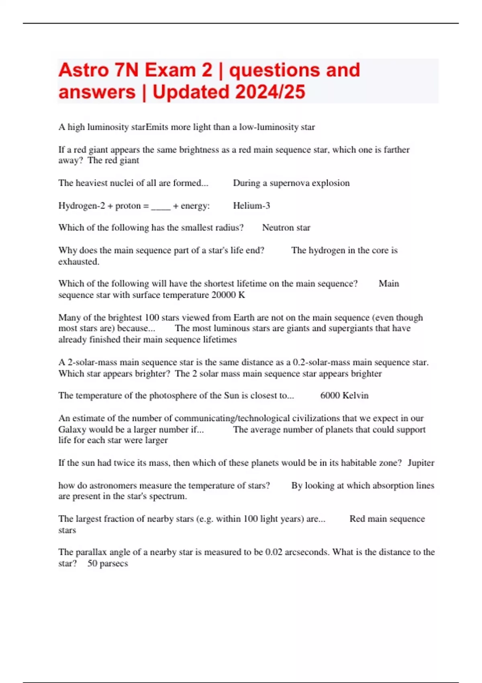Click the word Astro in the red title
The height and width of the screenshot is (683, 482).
[84, 70]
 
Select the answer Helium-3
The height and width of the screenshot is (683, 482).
[251, 206]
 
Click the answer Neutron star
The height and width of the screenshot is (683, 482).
[286, 228]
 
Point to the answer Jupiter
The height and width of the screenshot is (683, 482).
[421, 463]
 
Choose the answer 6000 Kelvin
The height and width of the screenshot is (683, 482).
[344, 396]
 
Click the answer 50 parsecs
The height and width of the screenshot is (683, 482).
[108, 563]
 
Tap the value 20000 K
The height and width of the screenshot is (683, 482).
[228, 295]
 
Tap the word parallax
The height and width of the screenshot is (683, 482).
[91, 552]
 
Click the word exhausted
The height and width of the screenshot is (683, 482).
[78, 262]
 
